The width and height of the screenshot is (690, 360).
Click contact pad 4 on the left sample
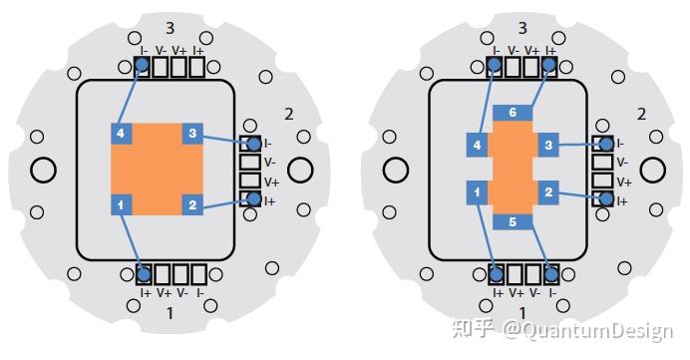(120, 133)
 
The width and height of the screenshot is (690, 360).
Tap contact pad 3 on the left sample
(193, 133)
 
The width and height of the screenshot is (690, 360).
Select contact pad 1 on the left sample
(120, 204)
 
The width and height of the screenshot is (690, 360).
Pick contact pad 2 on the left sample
(193, 204)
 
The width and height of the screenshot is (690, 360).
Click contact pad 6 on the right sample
(513, 113)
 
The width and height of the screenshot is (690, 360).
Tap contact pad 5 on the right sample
(513, 221)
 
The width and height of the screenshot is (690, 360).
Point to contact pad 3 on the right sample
(548, 147)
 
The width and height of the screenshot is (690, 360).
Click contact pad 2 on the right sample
(548, 190)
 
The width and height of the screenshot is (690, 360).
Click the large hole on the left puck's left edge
(43, 170)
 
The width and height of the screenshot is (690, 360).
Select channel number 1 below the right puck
(521, 313)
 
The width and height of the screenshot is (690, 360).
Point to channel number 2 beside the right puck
(641, 114)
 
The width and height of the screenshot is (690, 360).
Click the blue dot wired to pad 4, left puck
(143, 66)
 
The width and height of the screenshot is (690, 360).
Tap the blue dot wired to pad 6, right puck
(549, 66)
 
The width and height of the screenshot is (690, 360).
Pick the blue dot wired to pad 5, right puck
(549, 272)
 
